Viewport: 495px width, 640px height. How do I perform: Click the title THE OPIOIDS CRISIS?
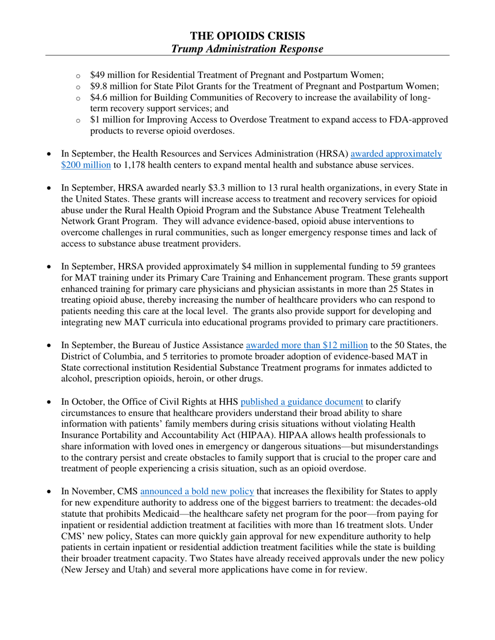[x=247, y=36]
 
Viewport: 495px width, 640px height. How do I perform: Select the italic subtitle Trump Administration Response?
[x=247, y=48]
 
